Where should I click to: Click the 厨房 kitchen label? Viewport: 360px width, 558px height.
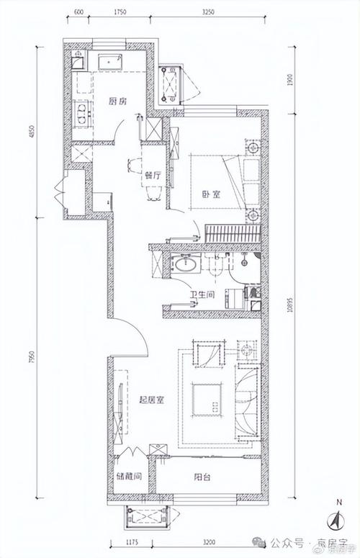pos(118,102)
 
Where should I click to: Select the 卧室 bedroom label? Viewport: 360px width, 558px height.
pos(210,194)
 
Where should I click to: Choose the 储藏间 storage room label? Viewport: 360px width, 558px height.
pos(127,477)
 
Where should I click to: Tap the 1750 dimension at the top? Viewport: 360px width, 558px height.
pos(120,13)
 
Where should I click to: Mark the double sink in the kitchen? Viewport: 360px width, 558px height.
pos(81,114)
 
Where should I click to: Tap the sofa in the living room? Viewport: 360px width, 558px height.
pos(248,397)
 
